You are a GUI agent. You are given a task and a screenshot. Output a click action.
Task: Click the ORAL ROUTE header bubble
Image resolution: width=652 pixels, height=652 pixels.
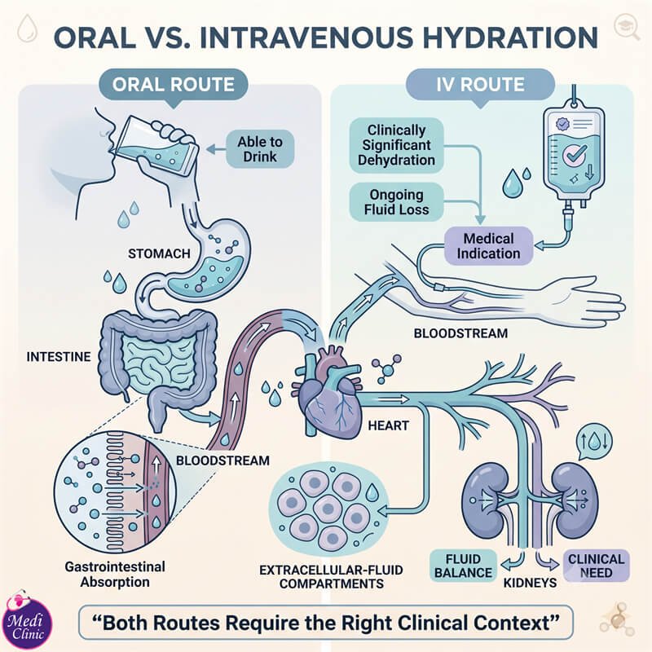click(174, 86)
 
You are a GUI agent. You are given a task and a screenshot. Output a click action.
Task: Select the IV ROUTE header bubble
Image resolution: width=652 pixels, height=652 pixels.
click(480, 86)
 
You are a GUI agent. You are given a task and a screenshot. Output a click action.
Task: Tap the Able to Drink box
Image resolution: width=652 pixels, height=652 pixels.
click(260, 149)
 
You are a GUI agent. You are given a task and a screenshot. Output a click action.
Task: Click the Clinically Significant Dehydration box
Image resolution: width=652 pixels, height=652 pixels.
click(396, 145)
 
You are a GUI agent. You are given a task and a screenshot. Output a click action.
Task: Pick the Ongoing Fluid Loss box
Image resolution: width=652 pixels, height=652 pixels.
click(396, 202)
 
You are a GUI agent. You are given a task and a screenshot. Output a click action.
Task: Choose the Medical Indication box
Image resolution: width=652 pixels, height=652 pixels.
click(488, 246)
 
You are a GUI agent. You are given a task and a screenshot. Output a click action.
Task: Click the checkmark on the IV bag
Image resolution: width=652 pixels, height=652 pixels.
click(575, 155)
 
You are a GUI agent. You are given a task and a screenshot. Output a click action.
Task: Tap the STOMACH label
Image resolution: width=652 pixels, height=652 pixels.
click(159, 253)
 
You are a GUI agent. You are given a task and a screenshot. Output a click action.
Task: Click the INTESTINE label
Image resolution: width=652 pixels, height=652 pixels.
click(59, 357)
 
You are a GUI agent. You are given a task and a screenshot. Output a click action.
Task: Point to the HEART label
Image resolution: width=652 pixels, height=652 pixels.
click(389, 425)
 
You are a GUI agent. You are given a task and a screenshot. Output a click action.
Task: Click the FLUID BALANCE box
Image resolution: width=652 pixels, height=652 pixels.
click(463, 566)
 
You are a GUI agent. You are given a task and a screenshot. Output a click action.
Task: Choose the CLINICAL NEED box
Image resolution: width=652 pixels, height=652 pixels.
click(597, 566)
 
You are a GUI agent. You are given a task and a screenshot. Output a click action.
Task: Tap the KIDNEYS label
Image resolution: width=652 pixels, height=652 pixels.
click(531, 583)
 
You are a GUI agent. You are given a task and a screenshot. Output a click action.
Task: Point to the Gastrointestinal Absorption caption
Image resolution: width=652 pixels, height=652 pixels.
click(115, 575)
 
